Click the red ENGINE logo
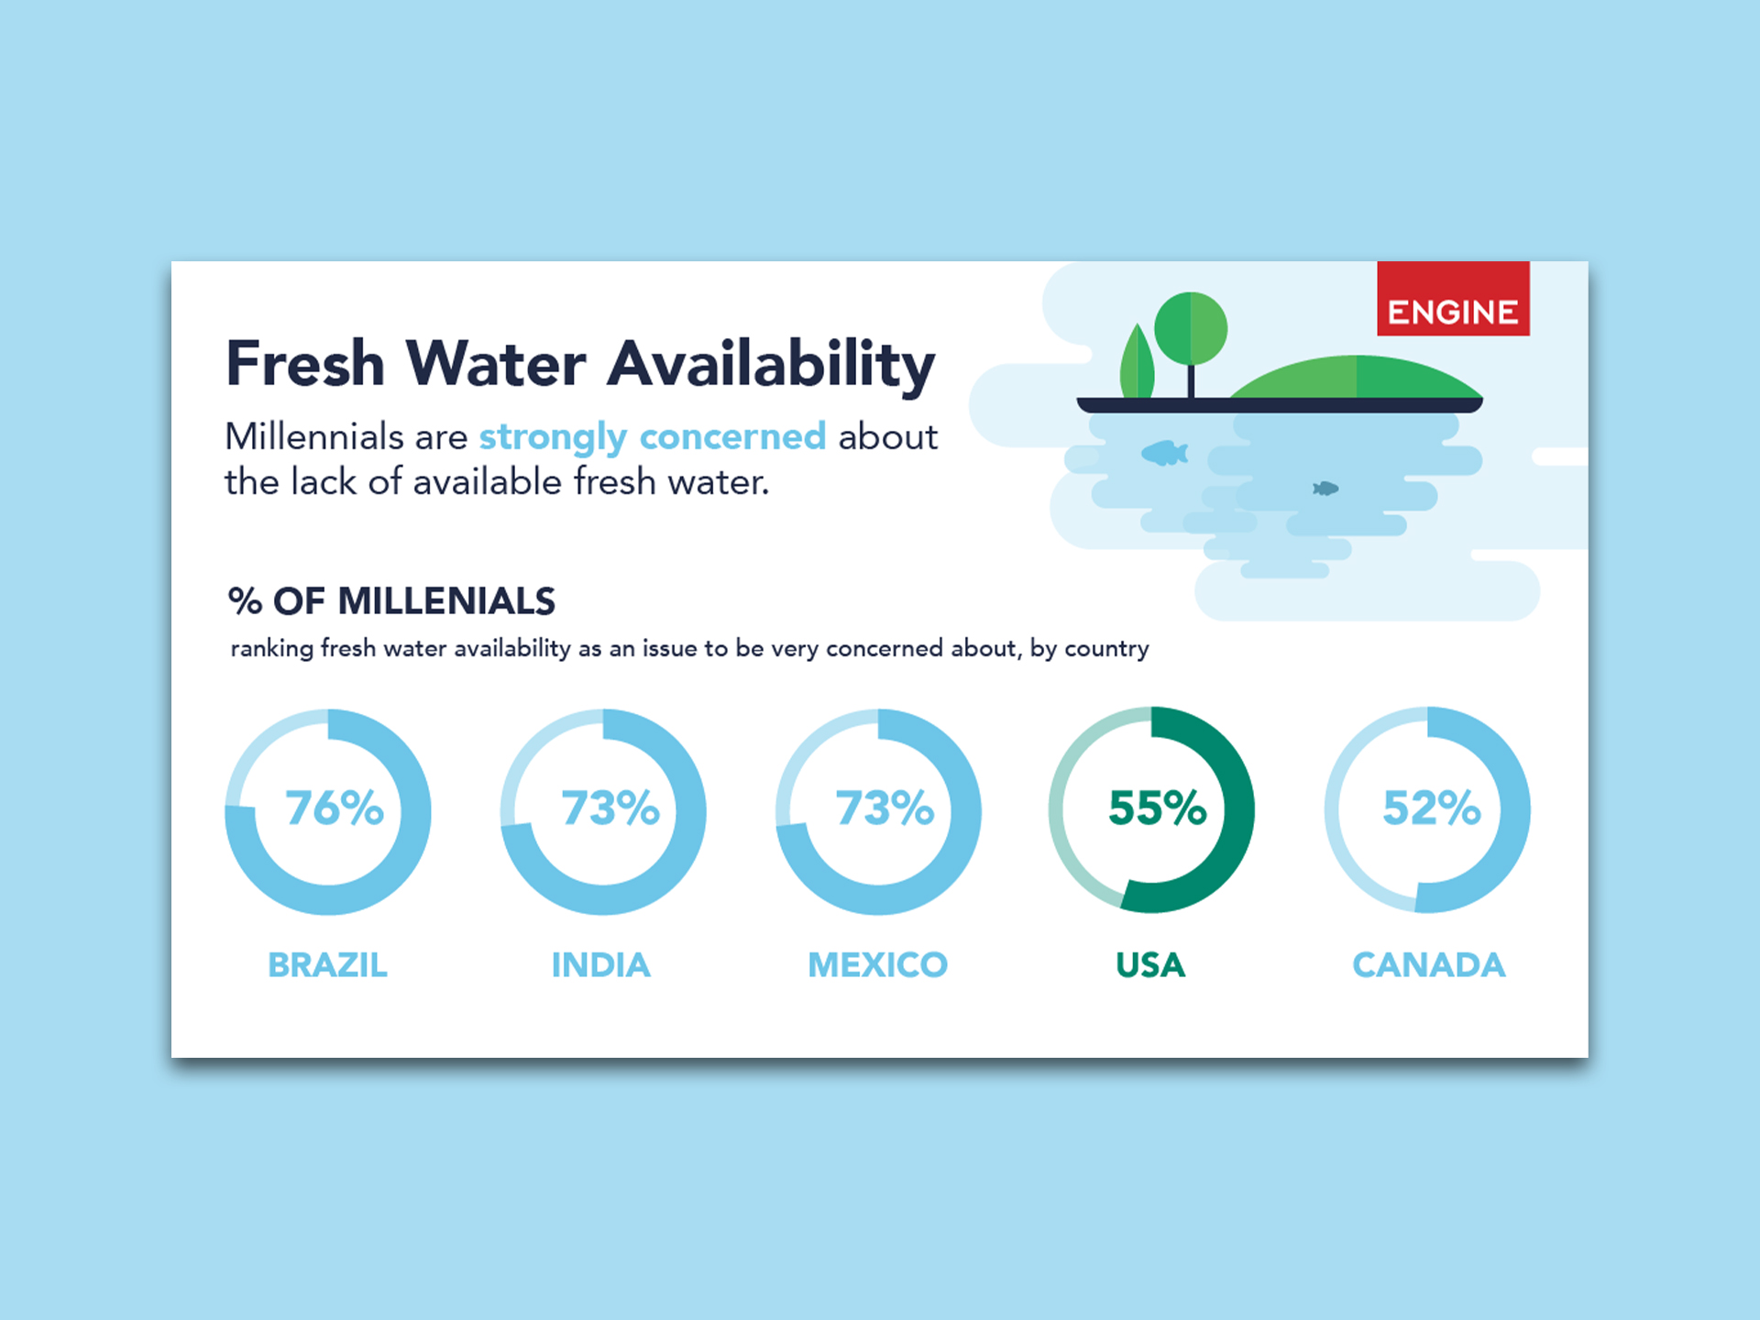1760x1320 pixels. tap(1453, 299)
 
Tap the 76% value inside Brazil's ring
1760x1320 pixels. tap(335, 808)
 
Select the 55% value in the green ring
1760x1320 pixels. tap(1158, 808)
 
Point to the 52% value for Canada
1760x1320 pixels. tap(1432, 808)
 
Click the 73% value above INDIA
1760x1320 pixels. tap(610, 808)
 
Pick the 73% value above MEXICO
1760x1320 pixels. tap(885, 808)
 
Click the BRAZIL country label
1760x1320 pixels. tap(327, 964)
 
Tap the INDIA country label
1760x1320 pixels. tap(601, 964)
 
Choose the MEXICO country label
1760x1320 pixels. tap(877, 964)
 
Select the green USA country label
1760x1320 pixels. tap(1150, 964)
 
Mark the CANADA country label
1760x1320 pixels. tap(1429, 964)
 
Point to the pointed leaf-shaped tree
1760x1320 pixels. tap(1138, 362)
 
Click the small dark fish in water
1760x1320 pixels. tap(1325, 489)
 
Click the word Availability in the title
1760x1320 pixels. tap(771, 365)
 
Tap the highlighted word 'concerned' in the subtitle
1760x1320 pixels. tap(732, 436)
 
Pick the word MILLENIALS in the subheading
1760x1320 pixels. tap(446, 601)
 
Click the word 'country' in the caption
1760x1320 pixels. tap(1106, 649)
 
